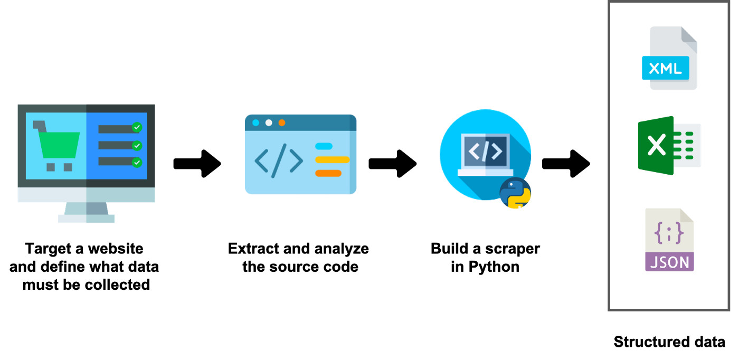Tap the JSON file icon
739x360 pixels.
coord(669,240)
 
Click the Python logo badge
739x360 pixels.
coord(515,193)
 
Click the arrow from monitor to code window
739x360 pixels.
coord(197,164)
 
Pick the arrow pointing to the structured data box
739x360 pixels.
coord(566,164)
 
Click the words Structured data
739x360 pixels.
coord(669,342)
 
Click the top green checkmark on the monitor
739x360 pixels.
coord(137,127)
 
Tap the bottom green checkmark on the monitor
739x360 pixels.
coord(137,162)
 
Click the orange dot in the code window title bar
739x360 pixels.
coord(282,122)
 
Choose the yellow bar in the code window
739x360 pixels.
coord(332,159)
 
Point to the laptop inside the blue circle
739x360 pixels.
coord(485,154)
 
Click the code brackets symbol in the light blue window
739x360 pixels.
coord(279,160)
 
